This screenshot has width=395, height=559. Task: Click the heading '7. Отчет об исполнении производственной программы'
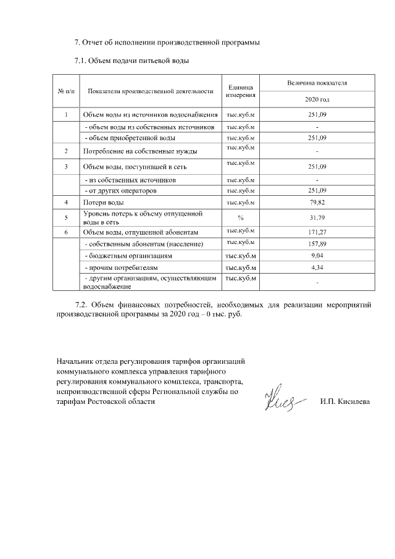pyautogui.click(x=167, y=43)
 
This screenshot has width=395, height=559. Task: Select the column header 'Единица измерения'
pyautogui.click(x=240, y=91)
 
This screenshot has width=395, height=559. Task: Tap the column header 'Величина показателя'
pyautogui.click(x=317, y=82)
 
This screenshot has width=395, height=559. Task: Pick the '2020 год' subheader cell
pyautogui.click(x=317, y=99)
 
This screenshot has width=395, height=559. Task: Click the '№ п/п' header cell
pyautogui.click(x=66, y=91)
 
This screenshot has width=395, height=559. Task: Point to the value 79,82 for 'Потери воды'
pyautogui.click(x=317, y=203)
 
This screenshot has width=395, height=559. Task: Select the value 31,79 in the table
pyautogui.click(x=317, y=217)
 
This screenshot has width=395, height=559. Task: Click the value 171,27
pyautogui.click(x=317, y=232)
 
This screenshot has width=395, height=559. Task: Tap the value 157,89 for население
pyautogui.click(x=317, y=243)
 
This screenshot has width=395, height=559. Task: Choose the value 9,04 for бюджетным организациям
pyautogui.click(x=317, y=255)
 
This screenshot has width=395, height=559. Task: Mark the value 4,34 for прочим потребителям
pyautogui.click(x=317, y=267)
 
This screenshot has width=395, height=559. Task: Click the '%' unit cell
pyautogui.click(x=240, y=217)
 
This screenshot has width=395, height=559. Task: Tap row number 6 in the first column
pyautogui.click(x=66, y=232)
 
